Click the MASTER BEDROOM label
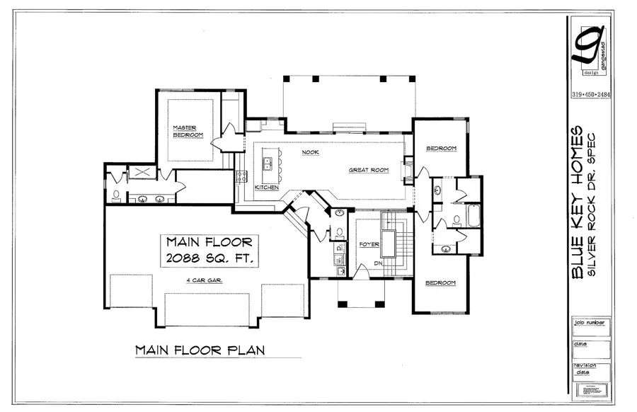click(188, 131)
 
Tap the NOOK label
click(310, 152)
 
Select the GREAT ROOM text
click(369, 170)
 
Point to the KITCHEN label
click(266, 187)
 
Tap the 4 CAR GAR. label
click(205, 281)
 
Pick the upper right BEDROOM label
click(441, 149)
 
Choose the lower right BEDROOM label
click(440, 282)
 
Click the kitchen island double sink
click(268, 164)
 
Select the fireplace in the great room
click(408, 172)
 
